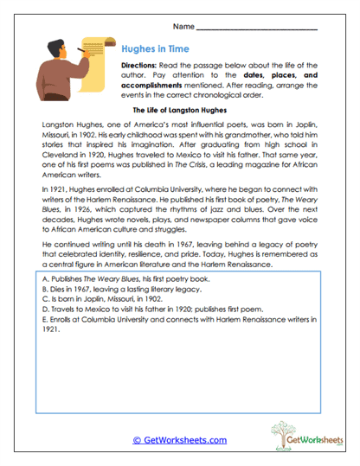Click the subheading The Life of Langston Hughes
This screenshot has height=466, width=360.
[x=179, y=112]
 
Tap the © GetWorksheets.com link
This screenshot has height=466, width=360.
[x=179, y=440]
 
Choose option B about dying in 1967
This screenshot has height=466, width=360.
[x=116, y=294]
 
